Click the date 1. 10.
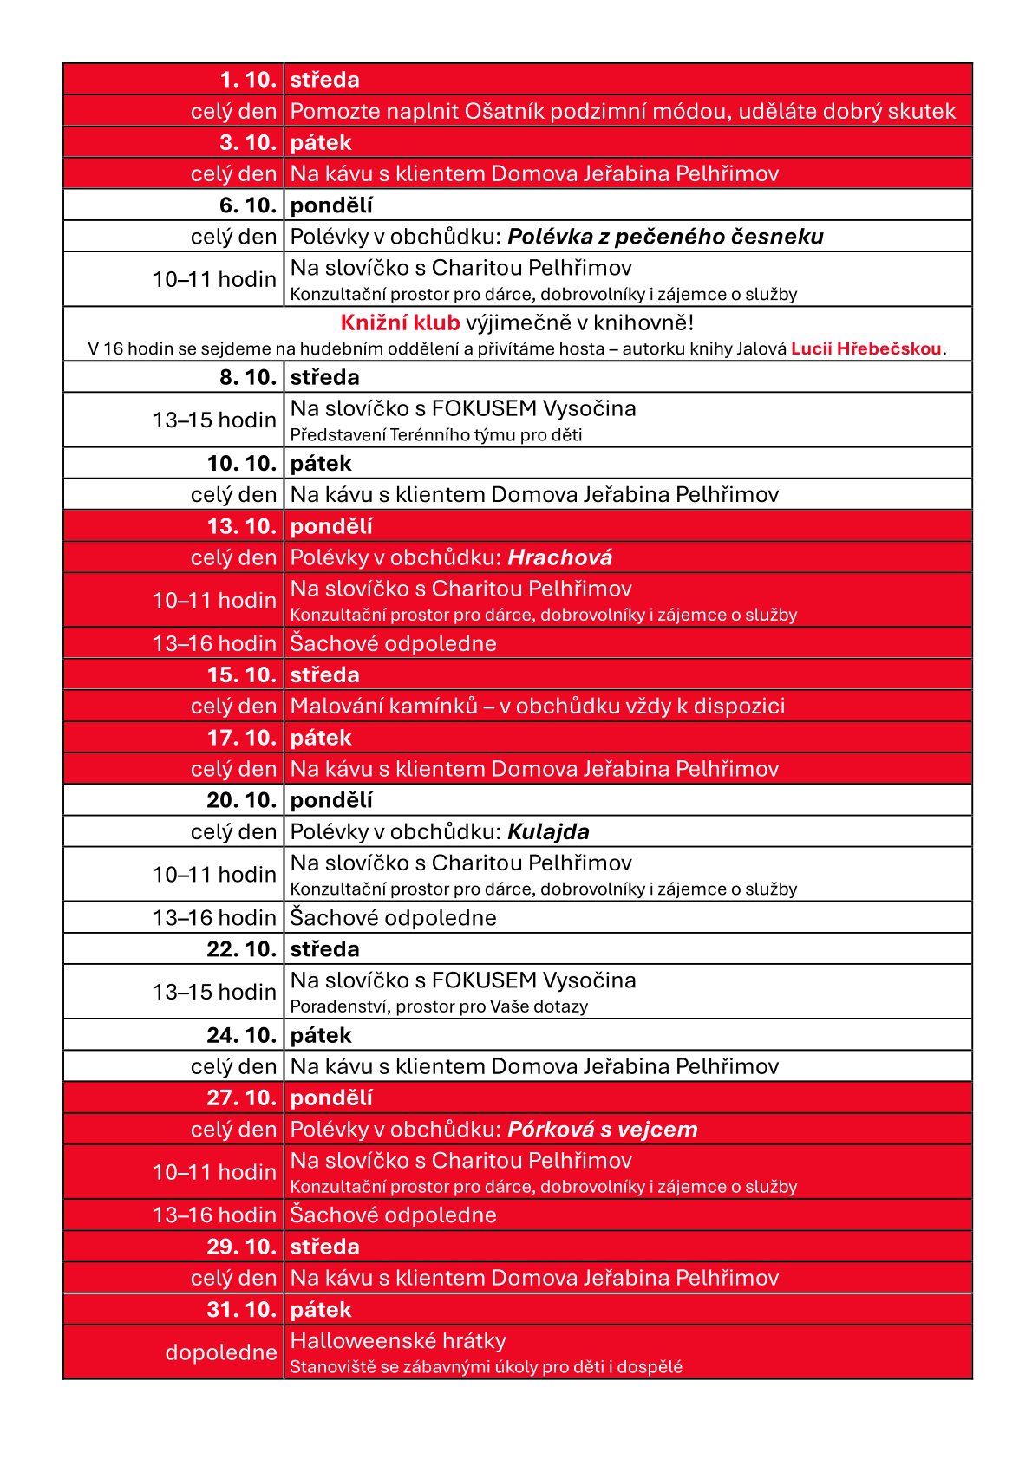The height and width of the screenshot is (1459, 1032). tap(248, 80)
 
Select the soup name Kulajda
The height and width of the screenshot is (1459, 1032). tap(548, 832)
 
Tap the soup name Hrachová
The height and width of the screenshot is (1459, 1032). tap(559, 557)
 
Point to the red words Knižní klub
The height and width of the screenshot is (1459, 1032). tap(400, 323)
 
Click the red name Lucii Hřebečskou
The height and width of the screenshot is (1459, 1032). tap(865, 349)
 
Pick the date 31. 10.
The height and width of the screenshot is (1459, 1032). tap(242, 1310)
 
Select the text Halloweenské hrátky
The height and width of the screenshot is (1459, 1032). tap(398, 1341)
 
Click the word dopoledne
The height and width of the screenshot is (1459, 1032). tap(221, 1352)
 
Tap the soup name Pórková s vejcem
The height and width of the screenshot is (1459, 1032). tap(602, 1130)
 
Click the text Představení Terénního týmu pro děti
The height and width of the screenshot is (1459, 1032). tap(435, 435)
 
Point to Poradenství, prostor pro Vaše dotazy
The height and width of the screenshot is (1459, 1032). tap(439, 1006)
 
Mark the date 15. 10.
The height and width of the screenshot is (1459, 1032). tap(242, 675)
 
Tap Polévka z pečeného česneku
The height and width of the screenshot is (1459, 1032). tap(665, 237)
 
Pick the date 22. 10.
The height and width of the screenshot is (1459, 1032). tap(242, 949)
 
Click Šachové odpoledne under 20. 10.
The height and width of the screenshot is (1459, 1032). tap(393, 918)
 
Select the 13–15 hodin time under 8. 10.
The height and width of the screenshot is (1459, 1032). tap(214, 420)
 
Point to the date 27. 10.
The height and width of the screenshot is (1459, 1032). tap(242, 1098)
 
